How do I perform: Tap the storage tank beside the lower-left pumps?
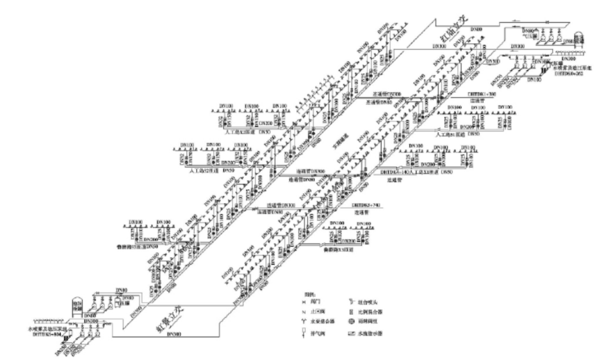pos(77,306)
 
